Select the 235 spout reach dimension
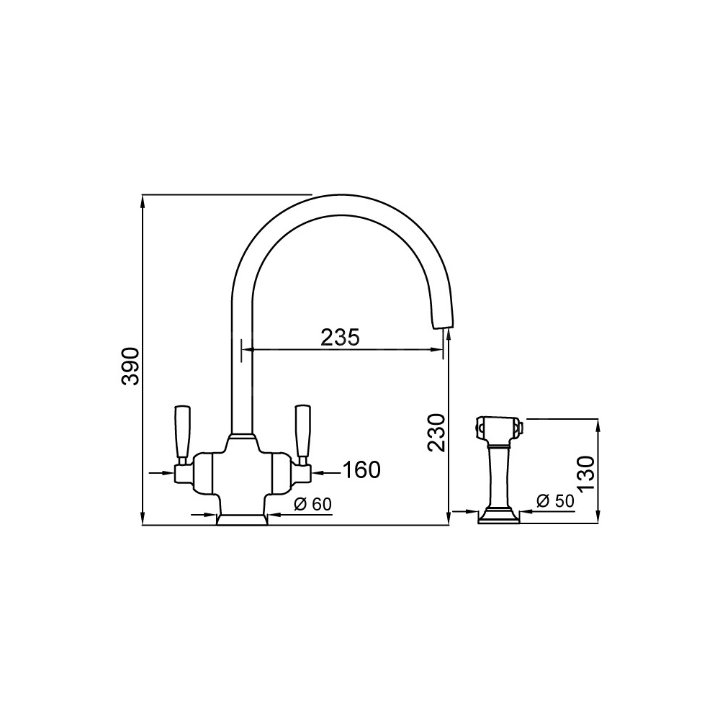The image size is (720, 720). click(x=340, y=338)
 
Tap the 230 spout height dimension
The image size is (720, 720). click(x=436, y=433)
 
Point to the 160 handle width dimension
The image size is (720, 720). click(x=362, y=469)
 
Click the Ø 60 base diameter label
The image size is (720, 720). click(x=312, y=504)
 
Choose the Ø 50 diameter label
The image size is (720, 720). click(x=555, y=500)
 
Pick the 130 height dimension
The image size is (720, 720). click(x=586, y=474)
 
